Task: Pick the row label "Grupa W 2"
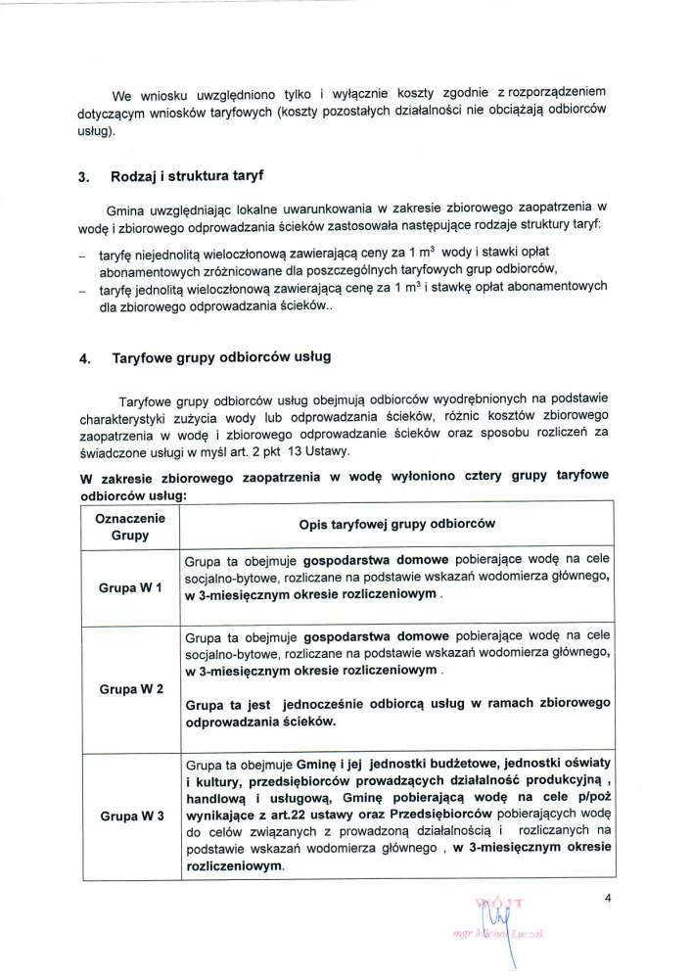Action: pos(131,688)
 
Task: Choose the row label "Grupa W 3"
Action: pos(131,815)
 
